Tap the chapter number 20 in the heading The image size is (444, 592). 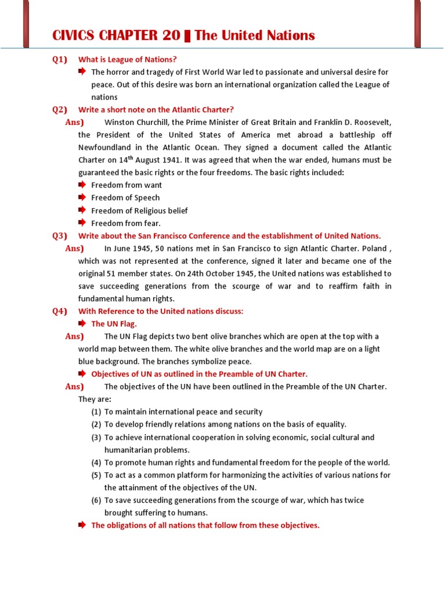click(172, 36)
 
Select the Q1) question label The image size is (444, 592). click(60, 59)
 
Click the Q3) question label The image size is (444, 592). click(60, 236)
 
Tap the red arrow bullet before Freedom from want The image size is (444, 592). click(82, 185)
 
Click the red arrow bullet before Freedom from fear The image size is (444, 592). click(82, 223)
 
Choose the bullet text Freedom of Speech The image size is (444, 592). click(125, 198)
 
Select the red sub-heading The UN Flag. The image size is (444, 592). click(114, 324)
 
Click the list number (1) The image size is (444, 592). click(96, 412)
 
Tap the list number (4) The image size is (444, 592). click(96, 462)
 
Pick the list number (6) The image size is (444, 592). click(96, 500)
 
